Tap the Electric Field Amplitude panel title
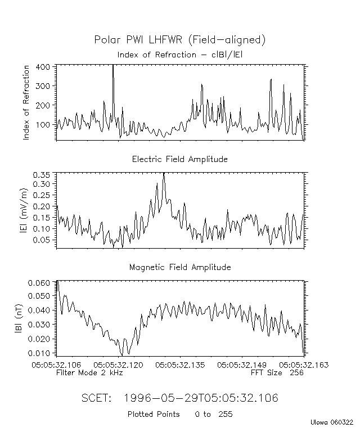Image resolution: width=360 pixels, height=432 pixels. point(180,159)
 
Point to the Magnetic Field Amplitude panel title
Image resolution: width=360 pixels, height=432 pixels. point(180,267)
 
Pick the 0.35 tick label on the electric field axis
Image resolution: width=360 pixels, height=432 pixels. point(43,175)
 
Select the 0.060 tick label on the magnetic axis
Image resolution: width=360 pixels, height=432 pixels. point(40,283)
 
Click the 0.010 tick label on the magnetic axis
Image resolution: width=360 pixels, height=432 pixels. point(40,353)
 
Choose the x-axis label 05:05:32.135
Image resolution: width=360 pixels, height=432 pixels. point(180,364)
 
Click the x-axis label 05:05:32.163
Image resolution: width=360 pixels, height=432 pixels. point(304,364)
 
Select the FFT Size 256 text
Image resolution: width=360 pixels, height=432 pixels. point(277,372)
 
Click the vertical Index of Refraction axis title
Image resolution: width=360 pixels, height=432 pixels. point(26,102)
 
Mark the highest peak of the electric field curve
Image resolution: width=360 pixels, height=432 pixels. point(164,174)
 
